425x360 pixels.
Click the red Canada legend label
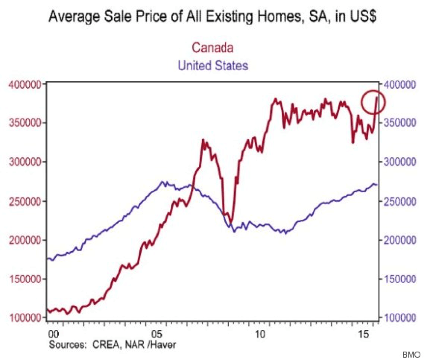click(x=213, y=48)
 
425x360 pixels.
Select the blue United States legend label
click(x=213, y=65)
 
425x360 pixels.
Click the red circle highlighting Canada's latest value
click(x=372, y=102)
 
